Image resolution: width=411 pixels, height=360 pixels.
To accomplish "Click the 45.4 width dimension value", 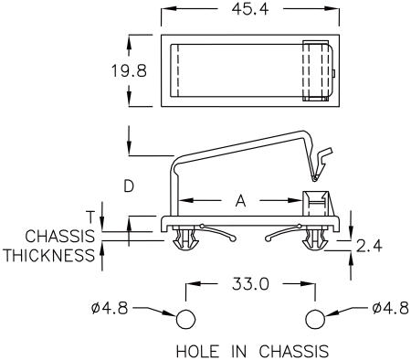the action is pos(250,9).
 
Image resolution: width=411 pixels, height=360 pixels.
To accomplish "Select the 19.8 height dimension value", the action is pos(129,70).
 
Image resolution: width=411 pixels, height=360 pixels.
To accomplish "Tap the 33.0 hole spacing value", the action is pos(250,284).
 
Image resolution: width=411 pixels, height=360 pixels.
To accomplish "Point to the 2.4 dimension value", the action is pos(369,246).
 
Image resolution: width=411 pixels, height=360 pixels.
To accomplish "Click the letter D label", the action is pos(129,185).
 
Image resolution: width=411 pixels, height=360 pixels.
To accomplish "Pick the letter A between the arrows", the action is pos(240,201).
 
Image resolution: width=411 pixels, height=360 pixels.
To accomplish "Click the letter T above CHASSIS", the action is pos(90,217).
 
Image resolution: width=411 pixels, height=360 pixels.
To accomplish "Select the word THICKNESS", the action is pos(49,255).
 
